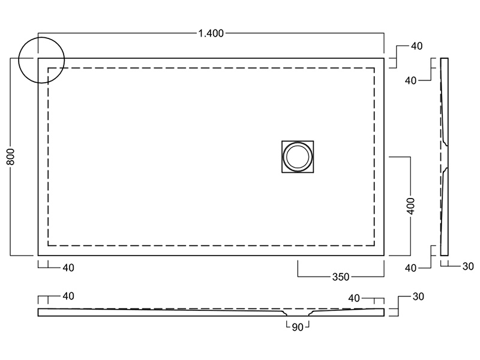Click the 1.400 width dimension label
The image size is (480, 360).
(211, 34)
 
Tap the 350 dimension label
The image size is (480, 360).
(341, 277)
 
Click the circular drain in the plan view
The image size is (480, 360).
(297, 157)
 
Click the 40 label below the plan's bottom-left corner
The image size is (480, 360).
(68, 268)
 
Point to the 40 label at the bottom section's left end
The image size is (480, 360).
(68, 296)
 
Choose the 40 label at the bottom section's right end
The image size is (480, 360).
(354, 298)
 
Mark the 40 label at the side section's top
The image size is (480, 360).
(410, 80)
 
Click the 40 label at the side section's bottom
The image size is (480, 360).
(410, 268)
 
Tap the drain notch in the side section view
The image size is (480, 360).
(446, 157)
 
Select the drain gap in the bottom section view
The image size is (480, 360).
(297, 313)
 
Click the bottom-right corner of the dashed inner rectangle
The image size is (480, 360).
(376, 245)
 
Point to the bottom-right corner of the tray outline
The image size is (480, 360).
(384, 255)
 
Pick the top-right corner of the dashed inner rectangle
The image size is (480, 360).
(376, 68)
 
